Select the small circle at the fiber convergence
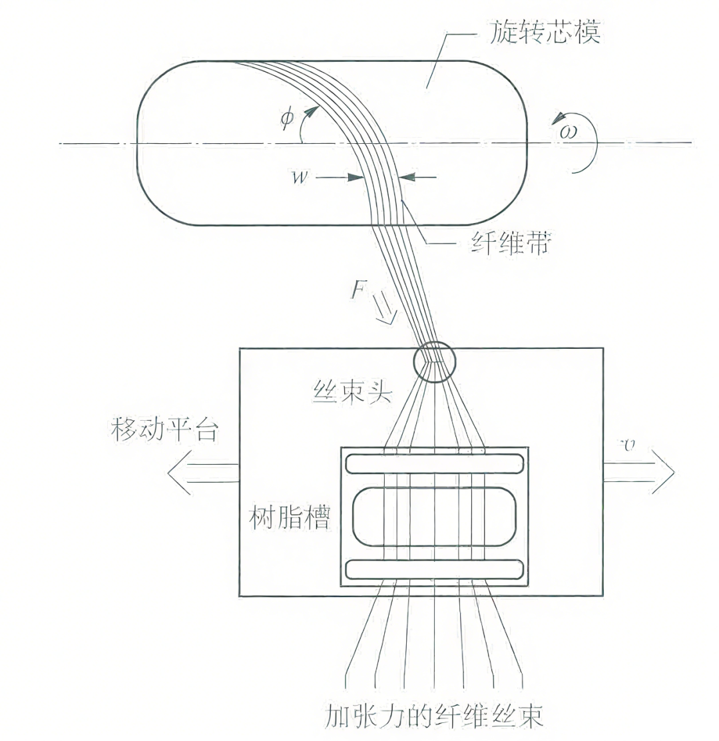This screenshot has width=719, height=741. point(435,362)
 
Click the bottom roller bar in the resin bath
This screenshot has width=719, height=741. point(435,570)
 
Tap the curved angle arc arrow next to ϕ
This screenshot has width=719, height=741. point(308,126)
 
